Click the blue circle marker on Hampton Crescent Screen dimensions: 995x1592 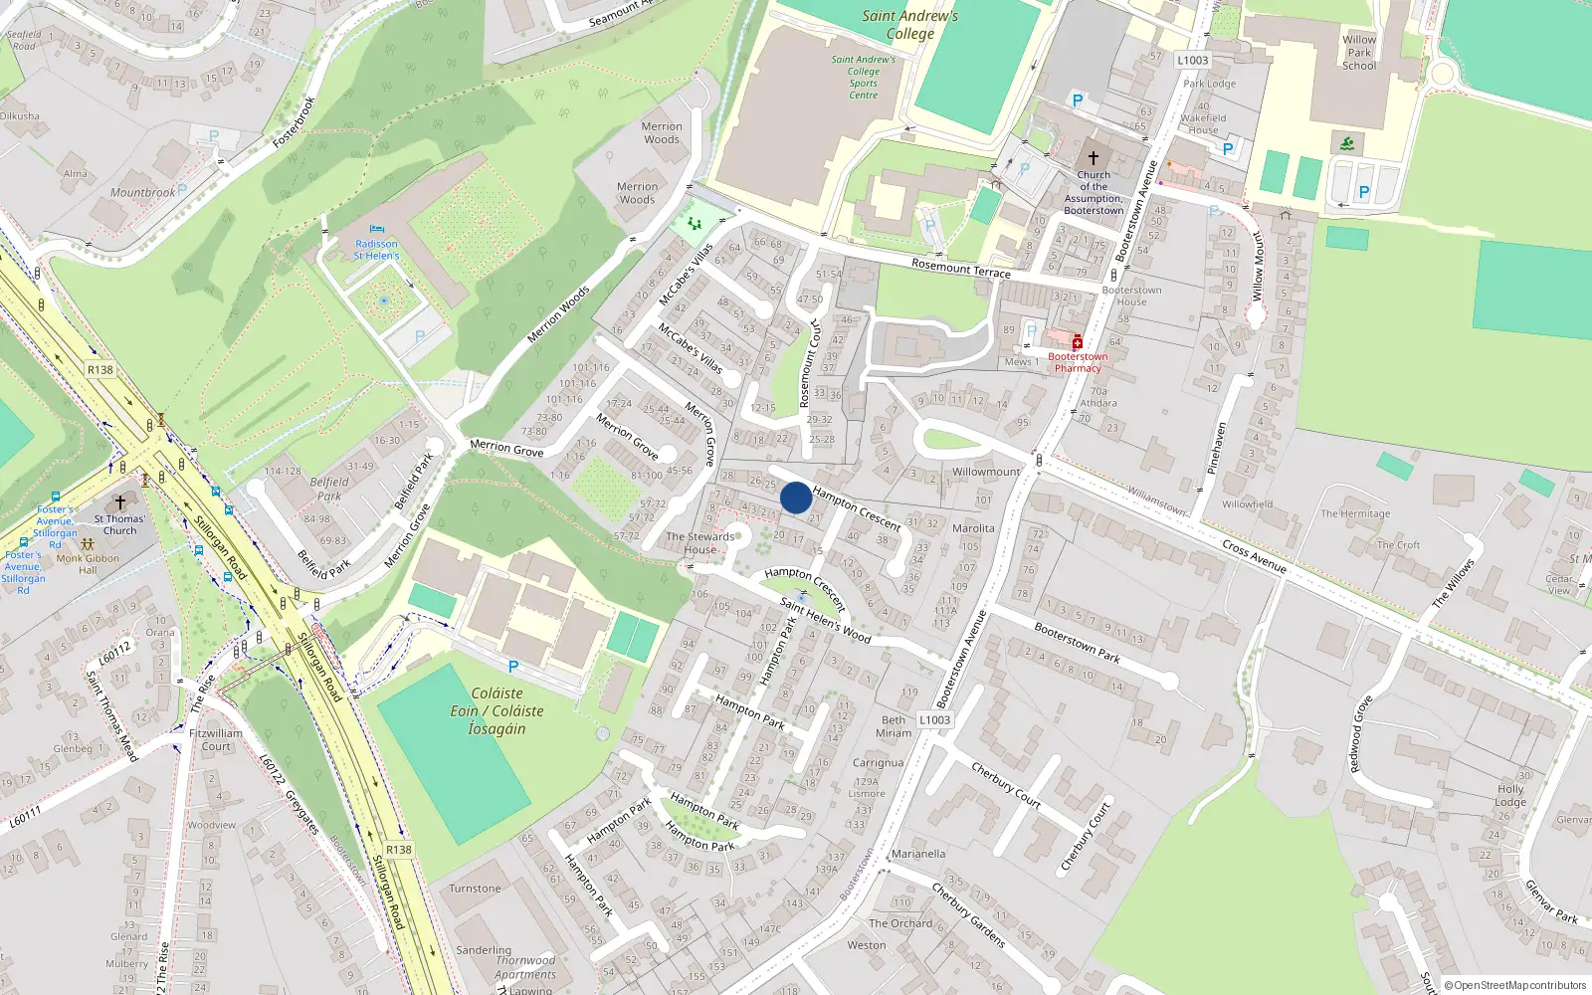pos(796,497)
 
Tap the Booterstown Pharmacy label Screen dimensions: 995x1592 pos(1078,362)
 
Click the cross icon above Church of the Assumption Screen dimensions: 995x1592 pos(1093,158)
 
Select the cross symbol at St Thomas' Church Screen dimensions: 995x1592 pos(120,502)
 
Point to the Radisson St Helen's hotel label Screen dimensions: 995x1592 pos(376,250)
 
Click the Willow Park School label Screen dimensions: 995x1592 pos(1359,53)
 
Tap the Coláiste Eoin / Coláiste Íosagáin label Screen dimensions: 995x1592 pos(497,710)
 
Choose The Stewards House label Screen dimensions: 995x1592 pos(699,542)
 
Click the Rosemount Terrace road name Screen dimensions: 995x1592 pos(960,267)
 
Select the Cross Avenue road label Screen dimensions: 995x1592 pos(1254,556)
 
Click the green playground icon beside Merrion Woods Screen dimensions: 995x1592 pos(695,223)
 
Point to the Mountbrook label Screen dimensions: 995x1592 pos(142,192)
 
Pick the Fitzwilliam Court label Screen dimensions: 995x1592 pos(216,739)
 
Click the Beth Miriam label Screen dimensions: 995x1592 pos(894,726)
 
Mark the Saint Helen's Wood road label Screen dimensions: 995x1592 pos(825,620)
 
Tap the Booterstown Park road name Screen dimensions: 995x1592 pos(1077,643)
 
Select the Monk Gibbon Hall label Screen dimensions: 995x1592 pos(88,564)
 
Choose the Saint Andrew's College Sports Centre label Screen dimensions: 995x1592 pos(863,77)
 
